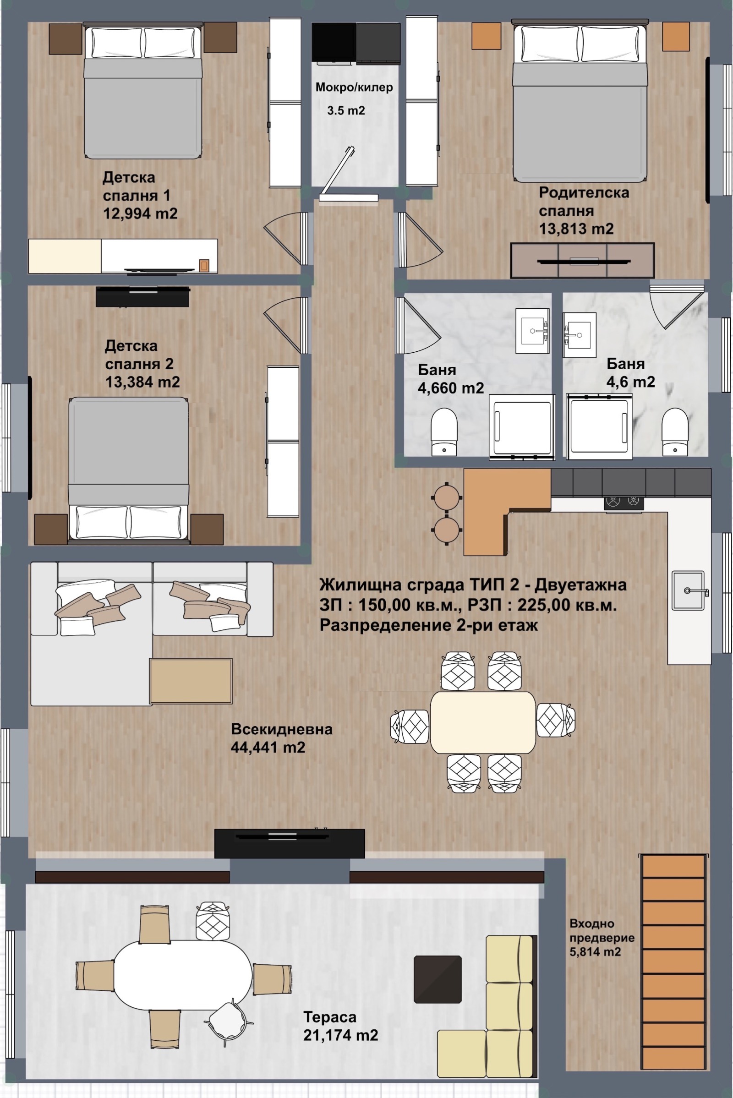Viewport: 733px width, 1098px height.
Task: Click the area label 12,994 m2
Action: point(140,213)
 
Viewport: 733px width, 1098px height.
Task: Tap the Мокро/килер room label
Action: point(354,87)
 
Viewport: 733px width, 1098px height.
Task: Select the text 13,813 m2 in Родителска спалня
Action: point(576,229)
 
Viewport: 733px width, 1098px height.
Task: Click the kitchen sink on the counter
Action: point(688,590)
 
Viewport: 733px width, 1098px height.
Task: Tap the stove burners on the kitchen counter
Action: point(624,502)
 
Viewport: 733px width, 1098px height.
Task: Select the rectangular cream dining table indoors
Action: point(483,723)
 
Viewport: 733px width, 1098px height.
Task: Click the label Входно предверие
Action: point(602,931)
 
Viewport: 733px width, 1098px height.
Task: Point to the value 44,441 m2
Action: point(268,748)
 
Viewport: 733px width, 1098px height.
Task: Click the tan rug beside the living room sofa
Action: point(191,681)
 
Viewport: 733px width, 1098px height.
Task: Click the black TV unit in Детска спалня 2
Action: point(142,297)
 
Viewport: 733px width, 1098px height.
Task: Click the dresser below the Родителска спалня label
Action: point(582,260)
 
